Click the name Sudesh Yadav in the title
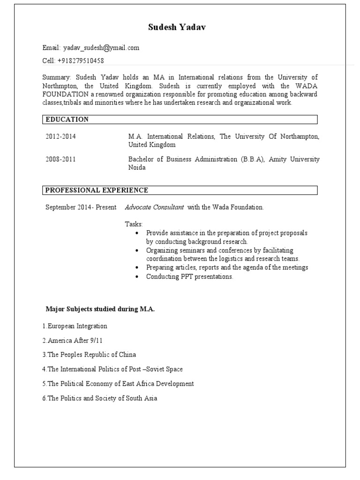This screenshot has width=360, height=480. (x=177, y=28)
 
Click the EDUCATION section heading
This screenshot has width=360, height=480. (x=67, y=120)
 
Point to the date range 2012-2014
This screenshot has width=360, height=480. (x=60, y=136)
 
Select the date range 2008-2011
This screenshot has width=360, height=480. (x=60, y=159)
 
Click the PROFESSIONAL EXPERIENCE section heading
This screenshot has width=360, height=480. (x=97, y=190)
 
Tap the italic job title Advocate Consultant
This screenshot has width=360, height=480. (x=154, y=207)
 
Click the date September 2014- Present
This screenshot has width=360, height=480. (x=81, y=207)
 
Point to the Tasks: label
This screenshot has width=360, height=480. (x=134, y=225)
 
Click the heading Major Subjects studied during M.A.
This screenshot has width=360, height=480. (x=100, y=309)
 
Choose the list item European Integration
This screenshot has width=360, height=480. (x=75, y=326)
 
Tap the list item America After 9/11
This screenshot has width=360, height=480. (x=72, y=340)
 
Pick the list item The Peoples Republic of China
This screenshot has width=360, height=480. (x=89, y=354)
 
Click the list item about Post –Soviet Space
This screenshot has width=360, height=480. (x=112, y=369)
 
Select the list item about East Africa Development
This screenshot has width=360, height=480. (x=118, y=383)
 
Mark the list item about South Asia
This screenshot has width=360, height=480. (x=100, y=398)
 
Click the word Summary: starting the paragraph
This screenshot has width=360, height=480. (x=56, y=77)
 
